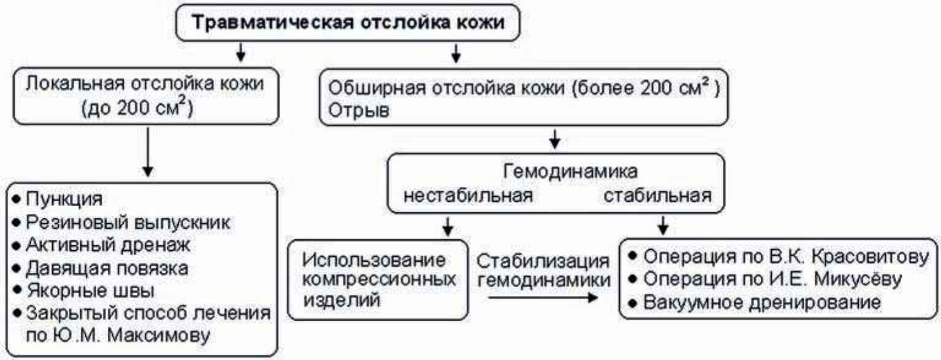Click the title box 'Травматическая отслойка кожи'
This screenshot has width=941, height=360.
pos(349,24)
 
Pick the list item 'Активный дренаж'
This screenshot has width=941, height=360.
pos(108,245)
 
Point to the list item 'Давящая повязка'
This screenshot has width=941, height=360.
pos(107,268)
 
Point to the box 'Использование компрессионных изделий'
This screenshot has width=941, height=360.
pos(375,280)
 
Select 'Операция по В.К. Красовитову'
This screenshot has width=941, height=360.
pos(785,257)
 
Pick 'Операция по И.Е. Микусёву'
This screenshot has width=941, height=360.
pos(774,279)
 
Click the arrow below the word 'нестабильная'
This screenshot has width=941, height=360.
pos(448,226)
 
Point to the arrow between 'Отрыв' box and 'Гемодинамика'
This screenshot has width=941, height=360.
pos(555,139)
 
